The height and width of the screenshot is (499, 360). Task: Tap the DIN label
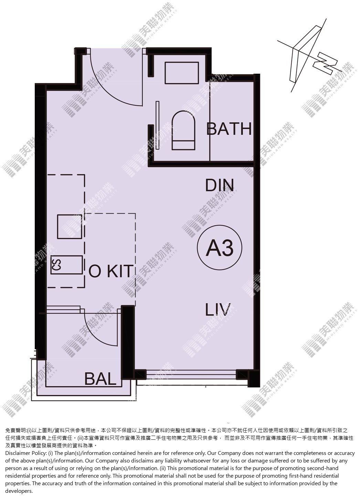pos(220,185)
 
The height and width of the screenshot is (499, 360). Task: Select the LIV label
pos(218,310)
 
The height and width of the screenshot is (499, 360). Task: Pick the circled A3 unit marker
pos(220,248)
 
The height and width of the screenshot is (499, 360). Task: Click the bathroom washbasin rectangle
pos(182,73)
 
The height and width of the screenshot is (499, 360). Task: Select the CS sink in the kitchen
pos(66,265)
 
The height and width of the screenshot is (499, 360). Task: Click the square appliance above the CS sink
pos(70,227)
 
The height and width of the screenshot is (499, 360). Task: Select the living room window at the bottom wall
pos(191,374)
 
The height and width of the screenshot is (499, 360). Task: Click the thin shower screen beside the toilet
pos(158,125)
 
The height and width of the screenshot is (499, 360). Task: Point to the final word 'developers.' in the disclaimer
pos(19,491)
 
